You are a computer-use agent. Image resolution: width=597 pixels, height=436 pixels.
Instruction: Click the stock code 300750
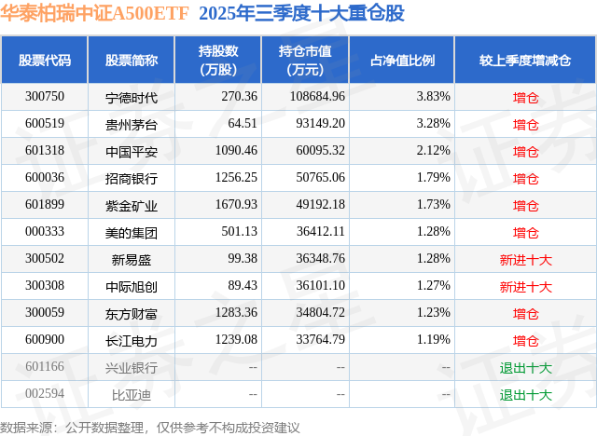pos(45,96)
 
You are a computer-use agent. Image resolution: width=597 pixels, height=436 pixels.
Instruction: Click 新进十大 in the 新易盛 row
pos(525,259)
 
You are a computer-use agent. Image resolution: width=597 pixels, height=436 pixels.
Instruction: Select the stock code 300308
pos(45,286)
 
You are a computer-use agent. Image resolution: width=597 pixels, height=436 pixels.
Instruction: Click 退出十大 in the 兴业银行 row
pos(525,368)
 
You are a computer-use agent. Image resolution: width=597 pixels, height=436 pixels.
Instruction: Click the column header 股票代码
pos(45,61)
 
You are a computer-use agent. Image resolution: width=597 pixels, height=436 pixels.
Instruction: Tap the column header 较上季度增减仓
pos(525,61)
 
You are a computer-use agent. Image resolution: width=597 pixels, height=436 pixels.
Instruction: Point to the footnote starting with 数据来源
pos(150,427)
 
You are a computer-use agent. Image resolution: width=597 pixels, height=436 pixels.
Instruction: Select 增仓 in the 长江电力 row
pos(525,341)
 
